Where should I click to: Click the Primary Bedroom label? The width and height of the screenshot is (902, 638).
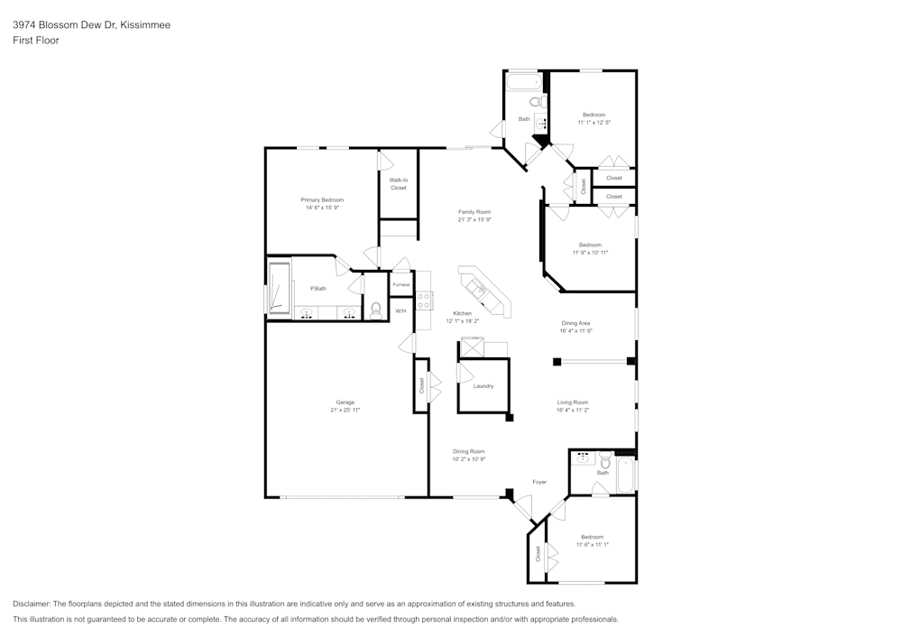pyautogui.click(x=322, y=199)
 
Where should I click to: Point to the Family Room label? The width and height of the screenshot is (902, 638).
pyautogui.click(x=474, y=212)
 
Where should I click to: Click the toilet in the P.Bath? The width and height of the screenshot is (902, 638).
pyautogui.click(x=375, y=310)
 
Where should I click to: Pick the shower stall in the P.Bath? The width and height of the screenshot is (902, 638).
pyautogui.click(x=279, y=288)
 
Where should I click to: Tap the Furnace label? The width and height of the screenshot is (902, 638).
pyautogui.click(x=400, y=285)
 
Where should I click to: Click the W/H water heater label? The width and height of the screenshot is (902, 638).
pyautogui.click(x=400, y=310)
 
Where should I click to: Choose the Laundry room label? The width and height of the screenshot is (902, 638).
pyautogui.click(x=483, y=386)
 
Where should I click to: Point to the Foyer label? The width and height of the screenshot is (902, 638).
pyautogui.click(x=539, y=482)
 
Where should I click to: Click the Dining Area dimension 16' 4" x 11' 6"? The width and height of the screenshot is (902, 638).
pyautogui.click(x=576, y=331)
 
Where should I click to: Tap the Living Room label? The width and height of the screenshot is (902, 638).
pyautogui.click(x=573, y=402)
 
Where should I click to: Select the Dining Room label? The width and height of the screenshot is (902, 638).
pyautogui.click(x=469, y=451)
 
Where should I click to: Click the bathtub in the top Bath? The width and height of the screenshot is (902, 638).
pyautogui.click(x=520, y=83)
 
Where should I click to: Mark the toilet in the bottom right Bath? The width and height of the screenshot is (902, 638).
pyautogui.click(x=605, y=463)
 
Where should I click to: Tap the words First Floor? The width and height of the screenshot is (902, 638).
pyautogui.click(x=36, y=41)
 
